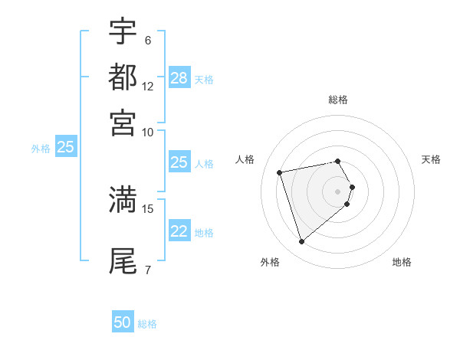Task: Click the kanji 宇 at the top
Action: [123, 32]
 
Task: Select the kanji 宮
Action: [123, 123]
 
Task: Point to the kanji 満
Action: [123, 199]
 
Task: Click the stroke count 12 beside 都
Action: [148, 86]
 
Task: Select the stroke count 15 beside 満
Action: [148, 208]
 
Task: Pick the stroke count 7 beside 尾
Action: [148, 269]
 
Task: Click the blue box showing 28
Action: [179, 78]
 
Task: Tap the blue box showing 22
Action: [179, 231]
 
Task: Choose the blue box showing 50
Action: [123, 322]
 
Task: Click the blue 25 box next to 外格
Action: [66, 147]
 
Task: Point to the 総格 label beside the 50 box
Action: [147, 324]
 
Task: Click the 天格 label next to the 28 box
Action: [204, 80]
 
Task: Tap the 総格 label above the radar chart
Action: [338, 100]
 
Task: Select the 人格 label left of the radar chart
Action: [245, 159]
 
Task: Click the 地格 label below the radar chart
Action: [402, 262]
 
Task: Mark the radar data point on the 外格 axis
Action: [302, 242]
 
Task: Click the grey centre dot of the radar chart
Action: [338, 191]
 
